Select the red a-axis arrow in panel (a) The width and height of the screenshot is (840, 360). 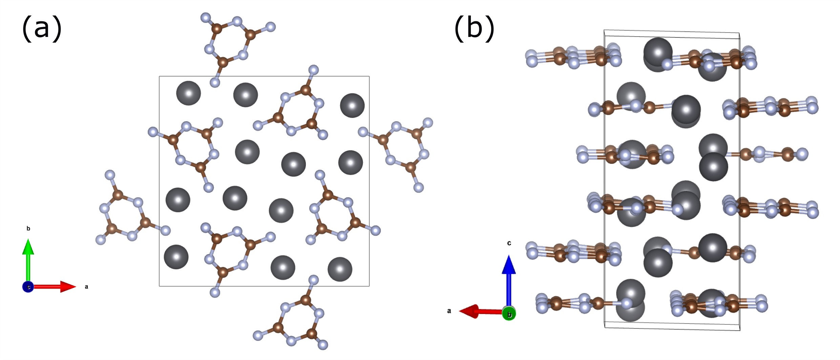[x=54, y=287]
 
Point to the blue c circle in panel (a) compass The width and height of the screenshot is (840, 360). [x=28, y=287]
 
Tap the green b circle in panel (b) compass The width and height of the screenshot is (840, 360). [x=509, y=314]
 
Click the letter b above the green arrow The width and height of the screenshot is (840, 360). [x=28, y=229]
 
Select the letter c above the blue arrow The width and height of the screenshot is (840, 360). [x=509, y=243]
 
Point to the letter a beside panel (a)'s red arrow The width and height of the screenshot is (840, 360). [x=86, y=287]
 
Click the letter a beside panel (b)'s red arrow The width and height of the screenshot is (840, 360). [x=449, y=311]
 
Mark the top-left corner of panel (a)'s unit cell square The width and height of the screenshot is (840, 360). [x=160, y=77]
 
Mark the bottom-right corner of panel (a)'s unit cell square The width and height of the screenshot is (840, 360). [x=369, y=286]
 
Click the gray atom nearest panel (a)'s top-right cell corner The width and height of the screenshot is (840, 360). [x=352, y=105]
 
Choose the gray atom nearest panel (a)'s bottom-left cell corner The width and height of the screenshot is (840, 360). [x=176, y=257]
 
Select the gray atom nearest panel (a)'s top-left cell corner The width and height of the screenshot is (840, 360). [x=188, y=93]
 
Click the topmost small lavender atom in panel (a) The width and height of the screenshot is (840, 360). [x=206, y=17]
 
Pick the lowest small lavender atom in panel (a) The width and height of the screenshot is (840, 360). [x=323, y=345]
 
